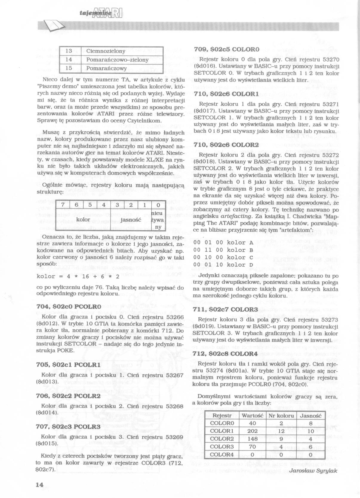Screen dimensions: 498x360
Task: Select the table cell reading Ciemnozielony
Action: pyautogui.click(x=106, y=51)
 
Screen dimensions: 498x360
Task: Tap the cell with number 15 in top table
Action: pyautogui.click(x=69, y=68)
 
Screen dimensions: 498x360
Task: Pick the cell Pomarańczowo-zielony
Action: pyautogui.click(x=117, y=60)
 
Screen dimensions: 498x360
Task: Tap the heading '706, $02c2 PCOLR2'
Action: pyautogui.click(x=68, y=396)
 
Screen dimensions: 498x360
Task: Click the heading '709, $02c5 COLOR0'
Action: pyautogui.click(x=227, y=49)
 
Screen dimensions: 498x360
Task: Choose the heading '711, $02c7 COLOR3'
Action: pyautogui.click(x=226, y=309)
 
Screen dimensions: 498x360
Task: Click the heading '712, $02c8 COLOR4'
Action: pyautogui.click(x=226, y=354)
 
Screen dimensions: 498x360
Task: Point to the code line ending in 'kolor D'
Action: pyautogui.click(x=223, y=265)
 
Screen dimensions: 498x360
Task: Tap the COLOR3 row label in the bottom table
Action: pyautogui.click(x=222, y=447)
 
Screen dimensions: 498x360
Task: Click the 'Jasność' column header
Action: pyautogui.click(x=310, y=416)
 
